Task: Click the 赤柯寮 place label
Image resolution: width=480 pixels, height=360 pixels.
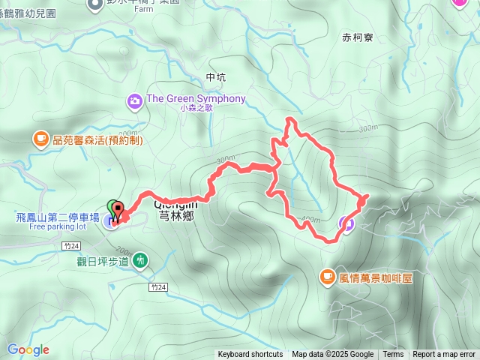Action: tap(357, 36)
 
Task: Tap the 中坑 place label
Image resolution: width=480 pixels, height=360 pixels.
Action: tap(214, 77)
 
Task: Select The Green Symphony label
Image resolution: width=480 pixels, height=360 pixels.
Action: tap(196, 99)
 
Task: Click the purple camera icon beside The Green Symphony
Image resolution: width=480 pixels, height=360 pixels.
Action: tap(135, 100)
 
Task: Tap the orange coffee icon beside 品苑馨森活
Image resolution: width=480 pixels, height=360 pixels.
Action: tap(40, 139)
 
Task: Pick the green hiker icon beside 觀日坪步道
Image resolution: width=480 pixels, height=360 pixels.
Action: tap(139, 260)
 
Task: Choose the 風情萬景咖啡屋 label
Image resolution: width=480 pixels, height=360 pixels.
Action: tap(376, 277)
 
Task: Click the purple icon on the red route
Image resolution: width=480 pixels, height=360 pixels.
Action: tap(346, 222)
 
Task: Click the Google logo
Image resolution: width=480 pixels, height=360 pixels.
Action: tap(28, 349)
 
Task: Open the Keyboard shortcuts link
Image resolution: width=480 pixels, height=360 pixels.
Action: tap(250, 355)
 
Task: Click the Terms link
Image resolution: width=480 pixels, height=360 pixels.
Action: tap(393, 355)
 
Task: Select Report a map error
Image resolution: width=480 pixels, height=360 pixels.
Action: tap(444, 355)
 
